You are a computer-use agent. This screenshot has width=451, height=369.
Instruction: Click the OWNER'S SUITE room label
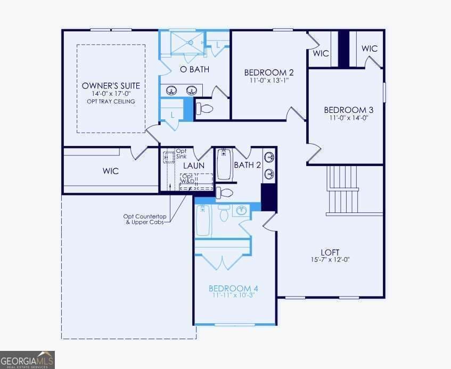[111, 86]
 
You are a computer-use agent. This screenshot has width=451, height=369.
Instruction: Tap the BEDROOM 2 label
[269, 72]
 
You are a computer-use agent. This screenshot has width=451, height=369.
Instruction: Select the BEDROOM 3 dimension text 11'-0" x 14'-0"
[349, 118]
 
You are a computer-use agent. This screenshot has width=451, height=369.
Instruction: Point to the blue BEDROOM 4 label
[233, 288]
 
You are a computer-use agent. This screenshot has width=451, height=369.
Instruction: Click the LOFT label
[330, 252]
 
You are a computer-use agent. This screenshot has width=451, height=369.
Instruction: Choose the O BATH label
[194, 69]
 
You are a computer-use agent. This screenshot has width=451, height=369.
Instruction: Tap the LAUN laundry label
[194, 166]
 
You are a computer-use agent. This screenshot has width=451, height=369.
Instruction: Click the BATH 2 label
[248, 165]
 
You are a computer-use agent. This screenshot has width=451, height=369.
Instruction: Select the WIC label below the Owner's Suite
[111, 171]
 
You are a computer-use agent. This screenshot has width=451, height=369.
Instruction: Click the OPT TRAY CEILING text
[111, 102]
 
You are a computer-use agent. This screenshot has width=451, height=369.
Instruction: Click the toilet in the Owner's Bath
[204, 109]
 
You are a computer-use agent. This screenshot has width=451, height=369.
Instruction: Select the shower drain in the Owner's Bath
[191, 43]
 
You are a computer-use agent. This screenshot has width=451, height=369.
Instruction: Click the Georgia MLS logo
[27, 360]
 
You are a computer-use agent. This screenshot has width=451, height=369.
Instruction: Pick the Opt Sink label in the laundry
[181, 153]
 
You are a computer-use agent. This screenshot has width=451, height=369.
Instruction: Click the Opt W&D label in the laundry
[188, 178]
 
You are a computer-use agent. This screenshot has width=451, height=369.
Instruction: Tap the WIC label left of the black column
[321, 53]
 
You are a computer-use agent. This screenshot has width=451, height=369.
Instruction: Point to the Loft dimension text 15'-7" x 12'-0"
[330, 259]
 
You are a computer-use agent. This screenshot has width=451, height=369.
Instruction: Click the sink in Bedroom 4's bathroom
[241, 210]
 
